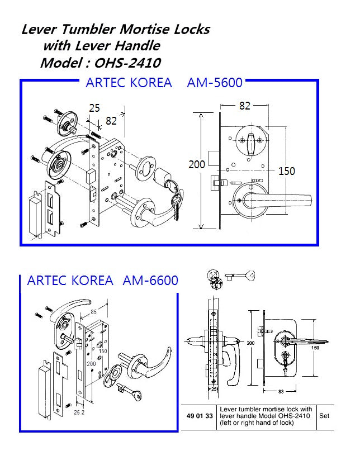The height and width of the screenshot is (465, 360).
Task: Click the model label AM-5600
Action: coord(215,83)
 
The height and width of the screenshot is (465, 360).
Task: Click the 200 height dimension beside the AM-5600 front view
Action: coord(197,164)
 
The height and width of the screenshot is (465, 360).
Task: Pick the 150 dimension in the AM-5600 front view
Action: coord(286,171)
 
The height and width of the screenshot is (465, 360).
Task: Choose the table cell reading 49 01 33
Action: coord(198,416)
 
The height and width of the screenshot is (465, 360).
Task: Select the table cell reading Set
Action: coord(324,416)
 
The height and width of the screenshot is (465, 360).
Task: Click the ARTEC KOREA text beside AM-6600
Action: coord(70,280)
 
